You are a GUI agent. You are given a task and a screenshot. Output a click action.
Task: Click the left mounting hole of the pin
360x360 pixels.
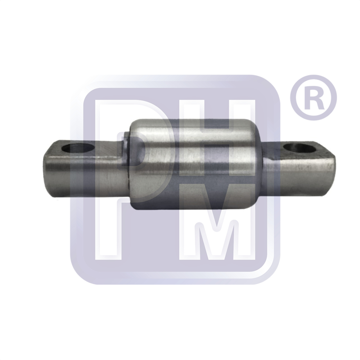[x=78, y=149]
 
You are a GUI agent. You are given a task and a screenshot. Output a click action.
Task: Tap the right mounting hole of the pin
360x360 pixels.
[x=300, y=148]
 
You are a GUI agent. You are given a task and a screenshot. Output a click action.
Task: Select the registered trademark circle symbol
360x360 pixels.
[x=313, y=98]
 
